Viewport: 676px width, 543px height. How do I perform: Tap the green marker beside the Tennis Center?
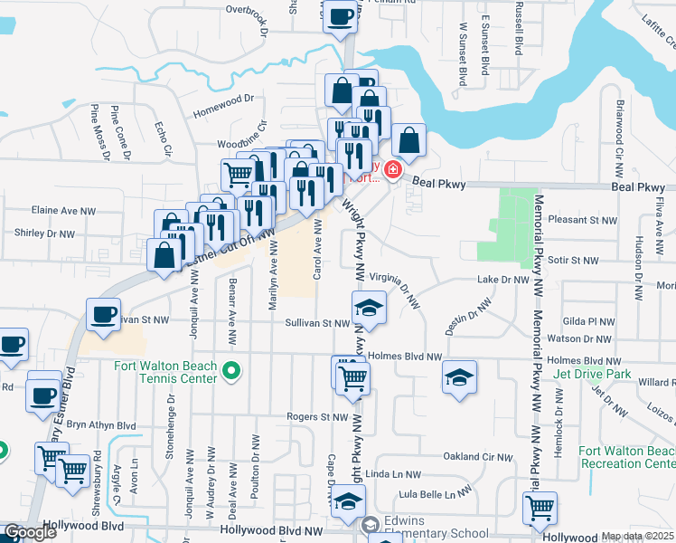(x=232, y=370)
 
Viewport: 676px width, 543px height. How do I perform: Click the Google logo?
(x=30, y=532)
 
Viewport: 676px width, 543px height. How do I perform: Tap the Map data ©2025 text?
(x=638, y=537)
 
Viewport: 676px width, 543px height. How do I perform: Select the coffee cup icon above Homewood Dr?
(x=341, y=16)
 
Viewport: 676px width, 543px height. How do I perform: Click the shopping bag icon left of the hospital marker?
(x=408, y=140)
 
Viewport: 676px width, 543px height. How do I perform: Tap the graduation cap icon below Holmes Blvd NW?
(x=459, y=377)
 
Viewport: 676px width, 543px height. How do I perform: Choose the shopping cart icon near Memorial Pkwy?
(x=540, y=507)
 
